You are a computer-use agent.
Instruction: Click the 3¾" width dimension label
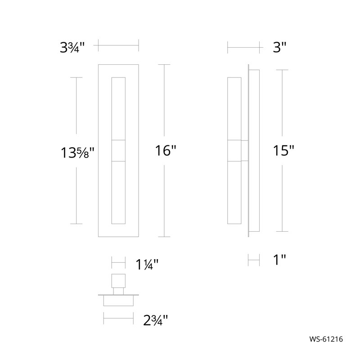click(x=72, y=48)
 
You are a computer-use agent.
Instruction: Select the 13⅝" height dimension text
click(x=77, y=153)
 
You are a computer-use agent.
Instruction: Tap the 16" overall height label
click(x=165, y=151)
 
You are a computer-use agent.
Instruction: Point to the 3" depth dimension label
click(x=279, y=48)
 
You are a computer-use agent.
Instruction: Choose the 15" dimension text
click(x=283, y=151)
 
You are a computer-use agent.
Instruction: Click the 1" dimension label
click(x=279, y=260)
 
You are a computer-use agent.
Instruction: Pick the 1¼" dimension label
click(x=147, y=265)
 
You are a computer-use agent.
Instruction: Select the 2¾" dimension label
click(x=155, y=320)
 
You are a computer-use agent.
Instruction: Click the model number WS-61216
click(x=326, y=339)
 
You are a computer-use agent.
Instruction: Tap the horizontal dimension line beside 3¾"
click(x=118, y=45)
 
